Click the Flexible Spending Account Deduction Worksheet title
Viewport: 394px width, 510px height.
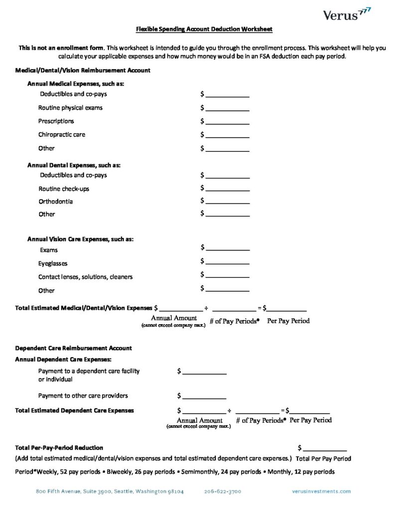pos(204,29)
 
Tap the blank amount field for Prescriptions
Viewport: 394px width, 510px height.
pos(227,122)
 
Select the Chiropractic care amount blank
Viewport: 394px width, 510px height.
pos(227,135)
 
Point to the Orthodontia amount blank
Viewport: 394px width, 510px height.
pos(227,202)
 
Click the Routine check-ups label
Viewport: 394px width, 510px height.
pos(64,189)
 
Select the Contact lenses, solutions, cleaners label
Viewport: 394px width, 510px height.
pos(85,276)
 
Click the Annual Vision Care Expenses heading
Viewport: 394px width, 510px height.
pos(80,239)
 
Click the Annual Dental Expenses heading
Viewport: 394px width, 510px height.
pos(74,164)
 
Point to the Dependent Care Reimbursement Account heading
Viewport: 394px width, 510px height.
pos(74,348)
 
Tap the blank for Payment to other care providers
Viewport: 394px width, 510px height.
pos(204,396)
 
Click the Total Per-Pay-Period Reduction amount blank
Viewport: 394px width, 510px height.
pos(325,449)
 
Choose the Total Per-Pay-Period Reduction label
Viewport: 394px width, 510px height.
pos(59,448)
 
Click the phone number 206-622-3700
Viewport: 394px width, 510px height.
pos(222,491)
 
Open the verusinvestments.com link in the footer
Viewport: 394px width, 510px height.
pos(321,491)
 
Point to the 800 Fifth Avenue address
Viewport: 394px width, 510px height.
pos(110,491)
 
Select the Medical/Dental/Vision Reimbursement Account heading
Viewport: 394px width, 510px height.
pos(83,70)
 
